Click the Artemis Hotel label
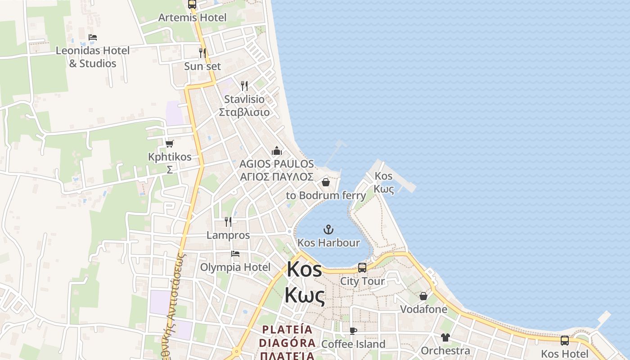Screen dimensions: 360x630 point(192,18)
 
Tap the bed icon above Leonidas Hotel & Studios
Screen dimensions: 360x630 point(93,37)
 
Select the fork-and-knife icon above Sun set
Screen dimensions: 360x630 point(202,53)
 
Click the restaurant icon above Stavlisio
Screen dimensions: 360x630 point(244,85)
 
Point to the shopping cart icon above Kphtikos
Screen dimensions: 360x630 point(170,144)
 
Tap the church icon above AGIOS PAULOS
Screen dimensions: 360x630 point(277,150)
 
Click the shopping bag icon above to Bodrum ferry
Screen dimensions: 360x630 point(326,182)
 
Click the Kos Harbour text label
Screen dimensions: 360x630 point(329,243)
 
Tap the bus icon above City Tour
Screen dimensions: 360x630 point(362,268)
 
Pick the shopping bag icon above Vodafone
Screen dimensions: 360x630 point(423,296)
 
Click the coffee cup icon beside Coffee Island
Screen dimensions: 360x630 point(353,331)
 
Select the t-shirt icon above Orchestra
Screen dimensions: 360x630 point(445,337)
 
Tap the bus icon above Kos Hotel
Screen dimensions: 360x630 point(565,341)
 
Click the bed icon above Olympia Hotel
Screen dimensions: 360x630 point(235,254)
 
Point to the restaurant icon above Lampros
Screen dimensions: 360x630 point(228,221)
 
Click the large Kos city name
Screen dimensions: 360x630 point(305,282)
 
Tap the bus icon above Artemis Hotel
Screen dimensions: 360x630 point(192,4)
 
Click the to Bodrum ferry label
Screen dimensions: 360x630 point(326,196)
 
